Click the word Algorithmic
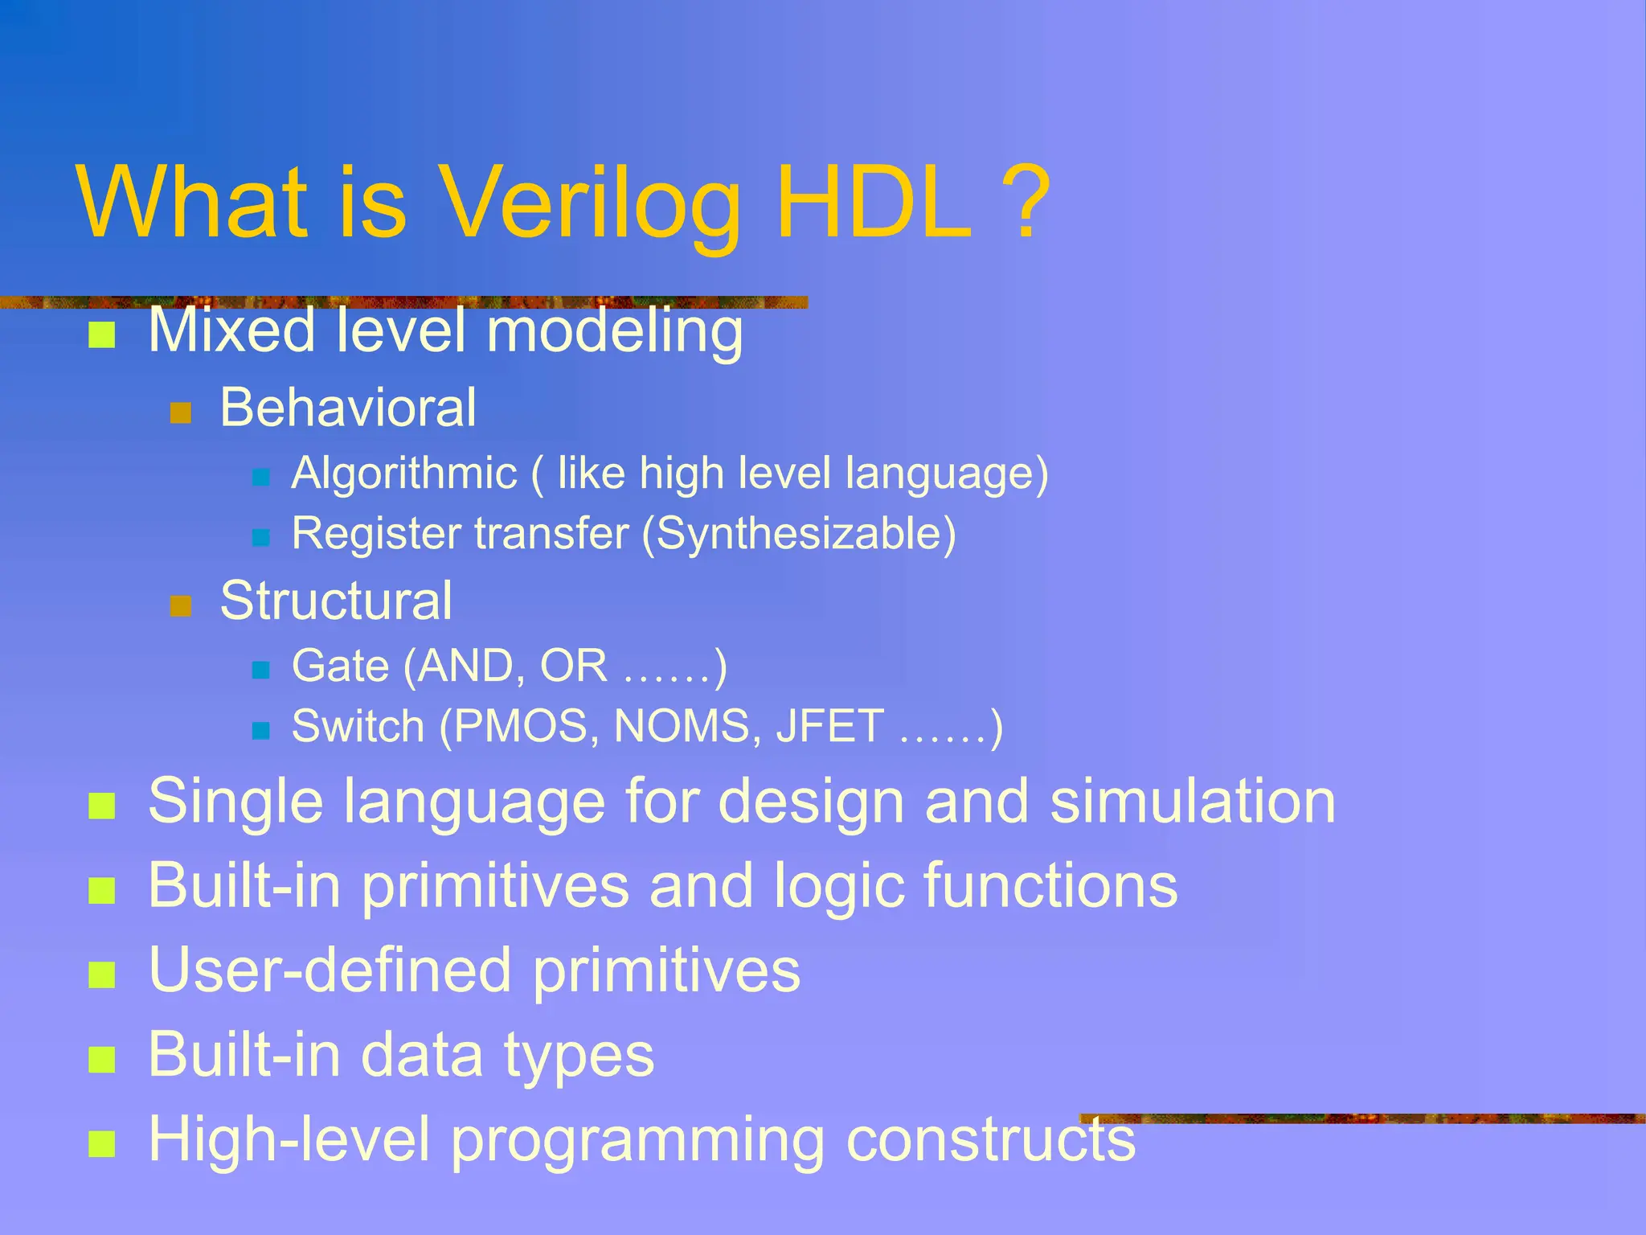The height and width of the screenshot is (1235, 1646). (404, 473)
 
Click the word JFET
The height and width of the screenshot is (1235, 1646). (830, 727)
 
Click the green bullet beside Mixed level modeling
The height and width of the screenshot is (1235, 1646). (102, 334)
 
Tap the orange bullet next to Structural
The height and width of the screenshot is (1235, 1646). (181, 605)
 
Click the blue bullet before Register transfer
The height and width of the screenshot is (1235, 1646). (260, 537)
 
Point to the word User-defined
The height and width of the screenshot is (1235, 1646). (330, 970)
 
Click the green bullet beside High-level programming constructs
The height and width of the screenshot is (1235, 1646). (102, 1143)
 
